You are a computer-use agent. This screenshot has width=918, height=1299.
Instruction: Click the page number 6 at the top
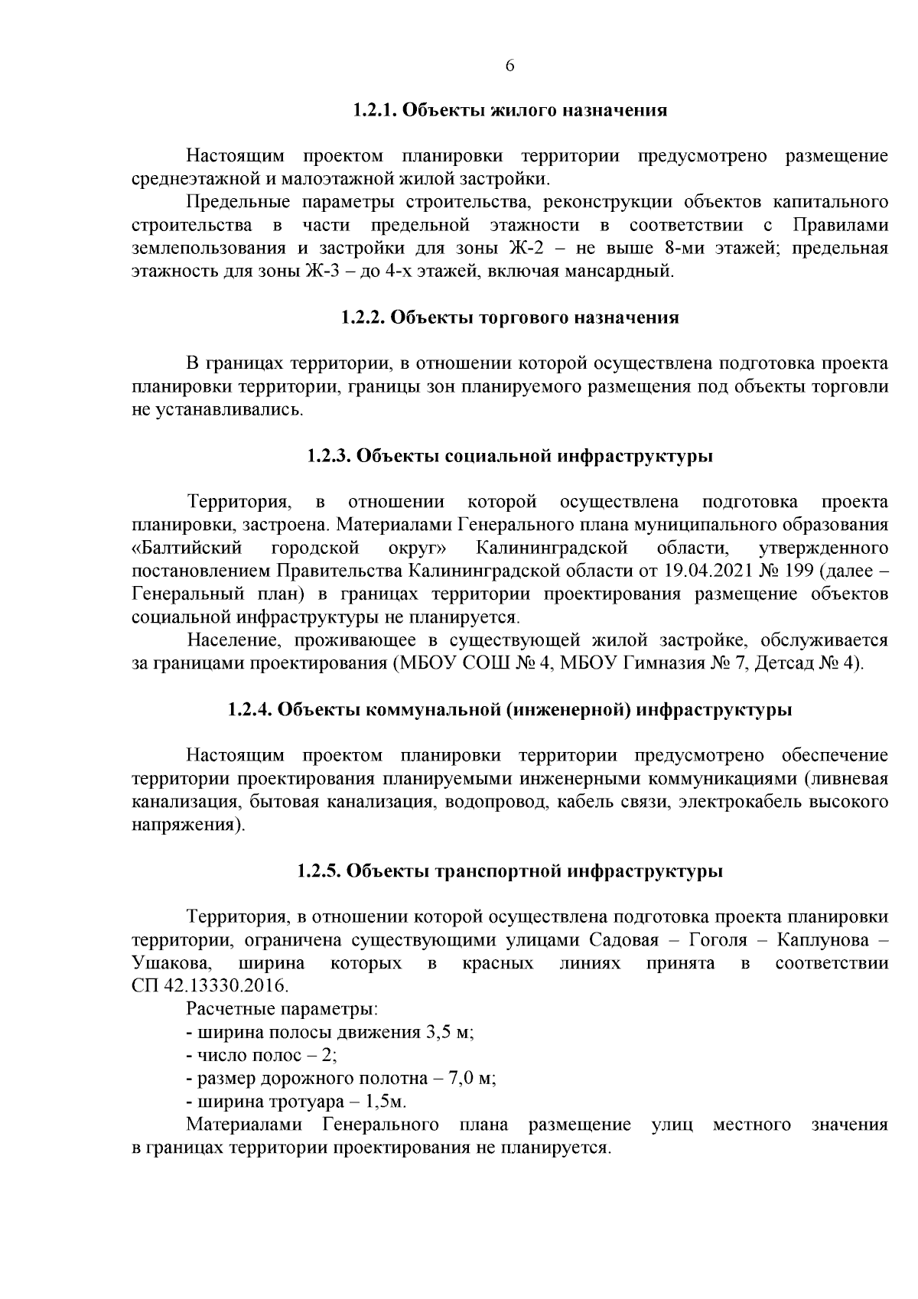coord(510,66)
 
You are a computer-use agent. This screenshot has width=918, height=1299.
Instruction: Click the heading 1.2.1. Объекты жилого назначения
coord(510,110)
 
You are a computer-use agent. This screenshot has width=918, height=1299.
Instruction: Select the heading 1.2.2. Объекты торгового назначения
coord(510,317)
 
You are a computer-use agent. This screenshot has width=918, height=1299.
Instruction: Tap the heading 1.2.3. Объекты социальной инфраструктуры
coord(510,457)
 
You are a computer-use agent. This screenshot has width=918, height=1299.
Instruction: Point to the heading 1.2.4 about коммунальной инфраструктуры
coord(510,710)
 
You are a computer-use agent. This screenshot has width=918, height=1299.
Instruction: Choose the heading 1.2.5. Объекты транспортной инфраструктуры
coord(510,871)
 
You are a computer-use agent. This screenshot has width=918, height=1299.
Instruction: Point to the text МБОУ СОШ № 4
coord(474,663)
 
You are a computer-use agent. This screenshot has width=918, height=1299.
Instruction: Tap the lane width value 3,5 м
coord(449,1032)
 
